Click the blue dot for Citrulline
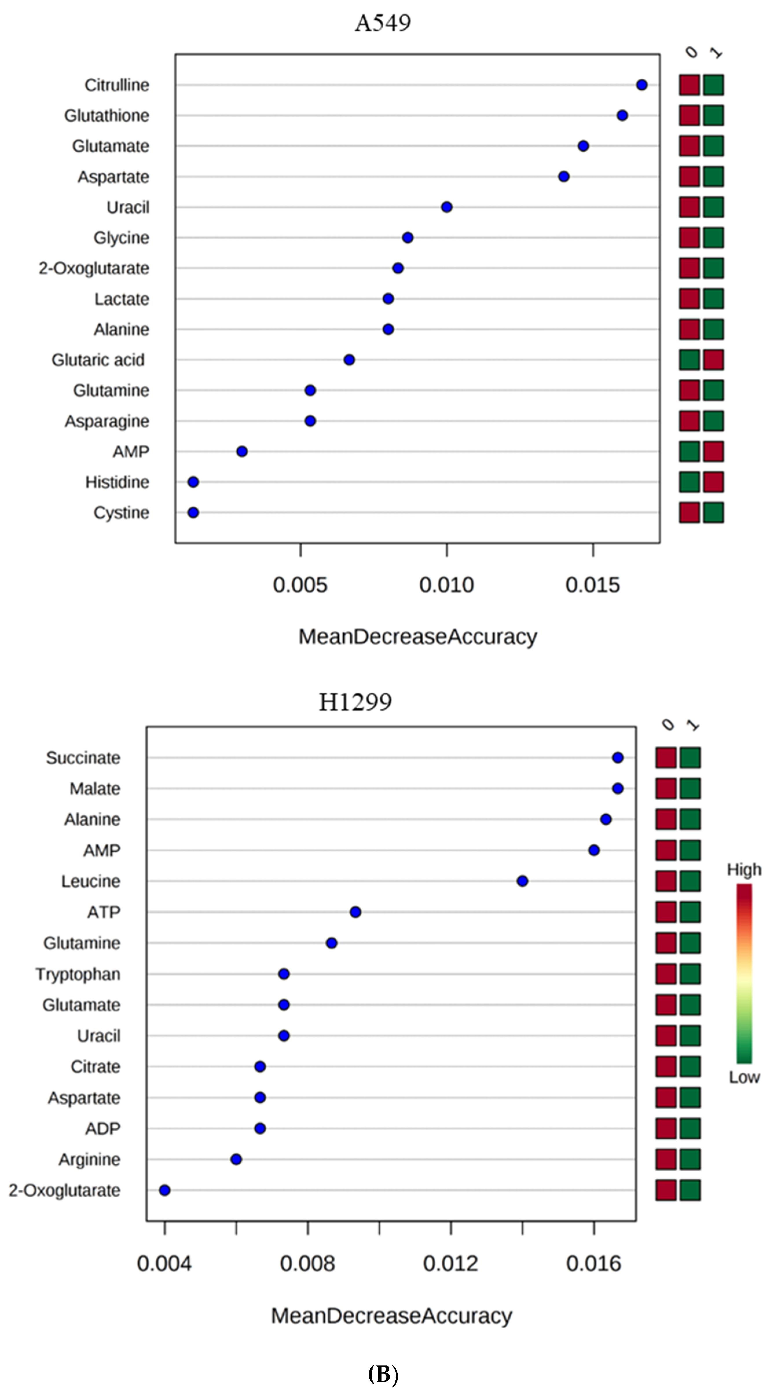[x=641, y=85]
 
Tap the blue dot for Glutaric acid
[x=349, y=360]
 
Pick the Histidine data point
[x=193, y=482]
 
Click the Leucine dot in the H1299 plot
[x=522, y=881]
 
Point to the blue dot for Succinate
[x=618, y=758]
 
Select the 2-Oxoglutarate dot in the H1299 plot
[x=165, y=1190]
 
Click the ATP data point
[x=355, y=912]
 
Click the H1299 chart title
[x=355, y=702]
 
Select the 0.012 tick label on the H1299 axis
[x=450, y=1264]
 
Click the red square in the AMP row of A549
[x=714, y=451]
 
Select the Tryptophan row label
[x=78, y=974]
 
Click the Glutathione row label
[x=107, y=115]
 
